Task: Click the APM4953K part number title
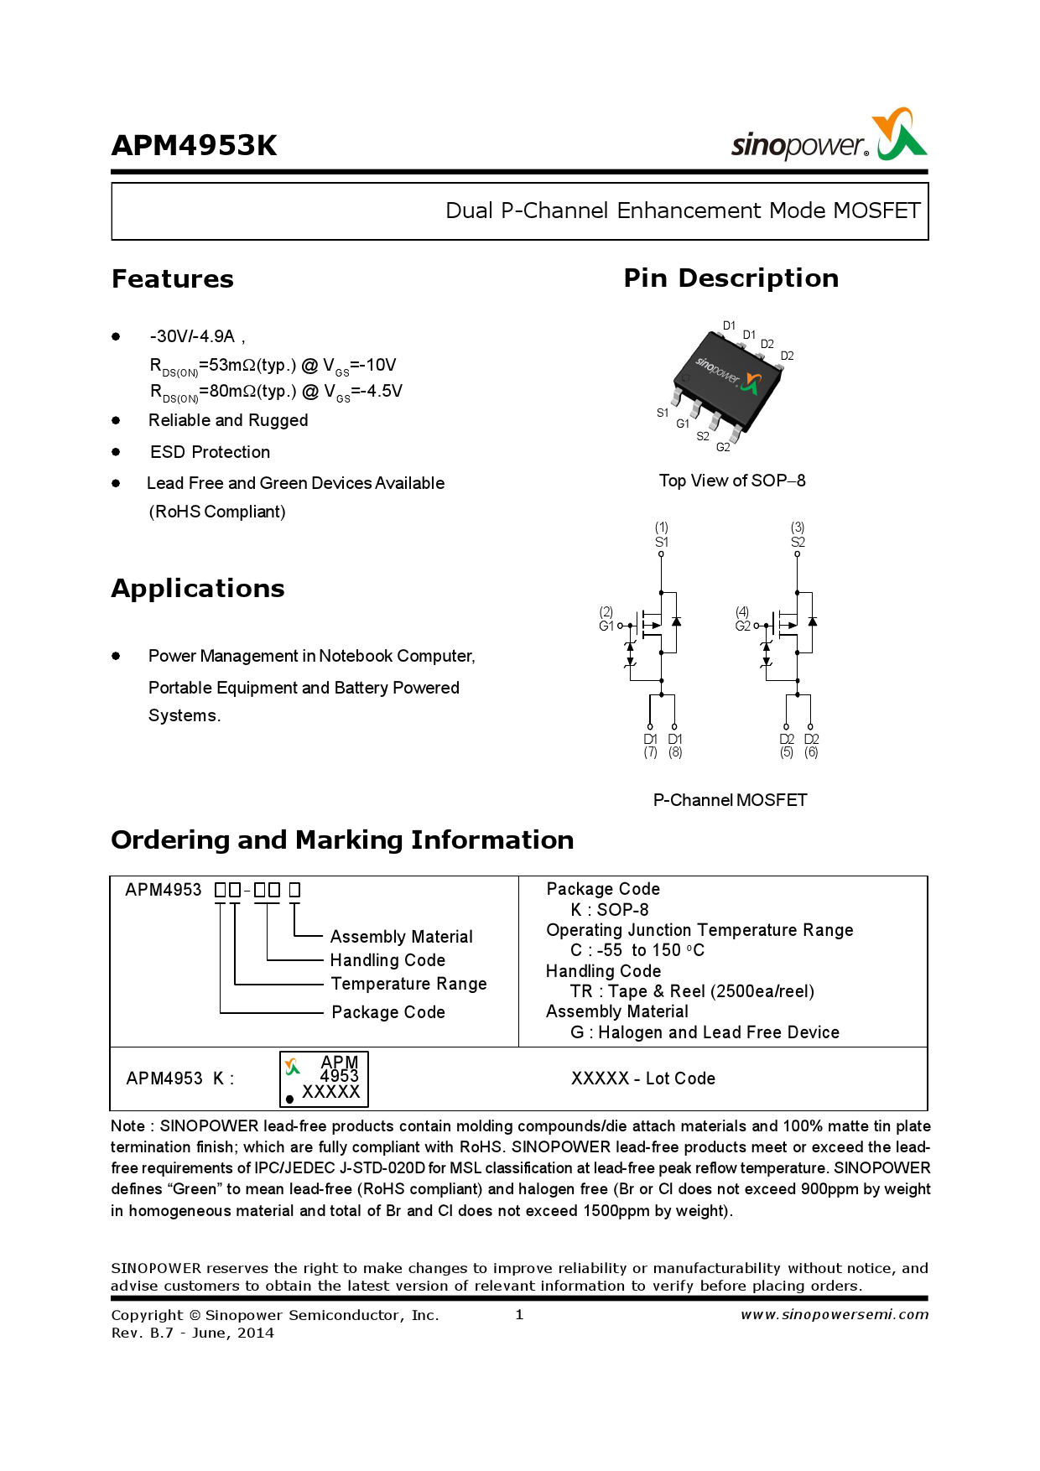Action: pos(194,146)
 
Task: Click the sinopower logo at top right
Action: pos(829,137)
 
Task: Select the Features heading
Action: pos(173,279)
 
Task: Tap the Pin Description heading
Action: pos(731,278)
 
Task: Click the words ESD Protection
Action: pos(210,452)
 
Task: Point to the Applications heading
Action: pos(198,589)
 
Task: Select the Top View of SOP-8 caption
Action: pos(731,481)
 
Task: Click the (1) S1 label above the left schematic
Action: pos(662,535)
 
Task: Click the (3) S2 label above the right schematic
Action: pos(798,535)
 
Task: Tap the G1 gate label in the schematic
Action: pos(606,626)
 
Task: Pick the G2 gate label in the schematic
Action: pos(742,626)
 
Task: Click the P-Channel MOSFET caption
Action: pos(730,800)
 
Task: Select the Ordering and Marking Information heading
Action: pos(342,840)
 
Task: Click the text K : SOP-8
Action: pos(610,910)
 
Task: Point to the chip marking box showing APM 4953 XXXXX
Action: pos(324,1079)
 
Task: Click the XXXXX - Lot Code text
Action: pos(643,1079)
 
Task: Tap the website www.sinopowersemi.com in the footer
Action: pos(835,1315)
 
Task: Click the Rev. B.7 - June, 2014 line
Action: pos(193,1333)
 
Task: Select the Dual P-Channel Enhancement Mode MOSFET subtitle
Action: pos(683,211)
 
